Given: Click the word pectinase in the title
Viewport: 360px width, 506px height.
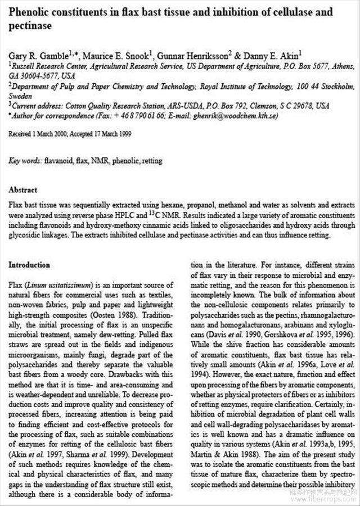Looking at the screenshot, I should click(30, 25).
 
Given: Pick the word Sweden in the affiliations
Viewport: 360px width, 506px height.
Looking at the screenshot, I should click(20, 96).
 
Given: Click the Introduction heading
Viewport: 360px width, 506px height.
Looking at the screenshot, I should click(29, 265).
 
